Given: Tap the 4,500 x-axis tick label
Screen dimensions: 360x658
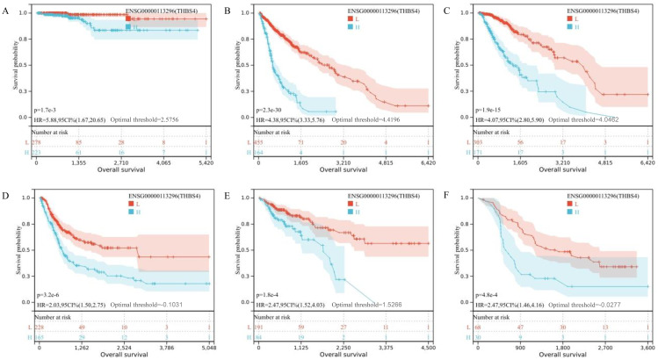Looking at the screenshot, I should [423, 344].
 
